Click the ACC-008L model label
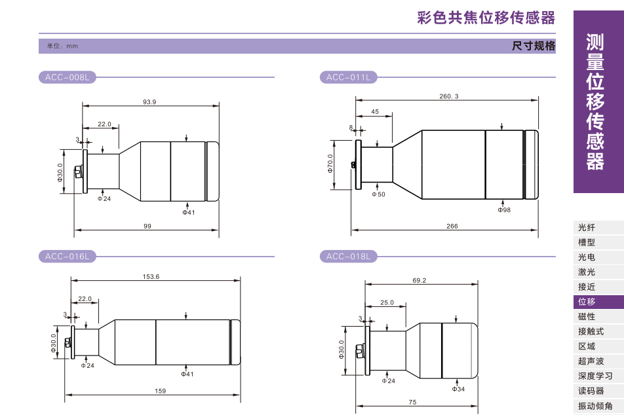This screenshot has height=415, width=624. [x=67, y=77]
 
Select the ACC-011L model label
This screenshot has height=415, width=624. [x=348, y=77]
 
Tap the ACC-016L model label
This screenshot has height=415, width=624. [x=67, y=257]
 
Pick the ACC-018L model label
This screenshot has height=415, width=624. [x=348, y=257]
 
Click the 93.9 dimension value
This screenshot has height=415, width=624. [x=149, y=102]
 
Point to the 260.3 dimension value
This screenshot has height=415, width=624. [x=449, y=96]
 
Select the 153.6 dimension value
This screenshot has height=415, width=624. [x=151, y=277]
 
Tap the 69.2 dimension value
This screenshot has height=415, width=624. [x=419, y=281]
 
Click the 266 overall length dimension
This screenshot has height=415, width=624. [x=452, y=226]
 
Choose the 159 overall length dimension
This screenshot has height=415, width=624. [x=160, y=391]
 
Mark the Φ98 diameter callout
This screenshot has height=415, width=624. [x=504, y=210]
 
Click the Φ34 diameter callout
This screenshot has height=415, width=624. [x=458, y=389]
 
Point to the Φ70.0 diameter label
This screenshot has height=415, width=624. [x=330, y=164]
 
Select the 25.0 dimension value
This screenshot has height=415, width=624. [x=387, y=302]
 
